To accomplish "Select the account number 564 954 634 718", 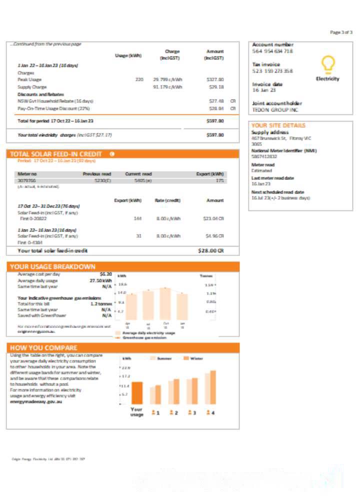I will tap(272, 51).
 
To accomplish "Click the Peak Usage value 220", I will tap(139, 79).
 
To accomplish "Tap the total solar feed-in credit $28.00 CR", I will tap(210, 250).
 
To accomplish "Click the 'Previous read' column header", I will tap(96, 174).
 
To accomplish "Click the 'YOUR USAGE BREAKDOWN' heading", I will tap(52, 266).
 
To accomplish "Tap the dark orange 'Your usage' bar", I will tap(137, 392).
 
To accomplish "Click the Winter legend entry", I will tap(192, 358).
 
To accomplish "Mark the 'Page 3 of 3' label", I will tap(341, 32).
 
